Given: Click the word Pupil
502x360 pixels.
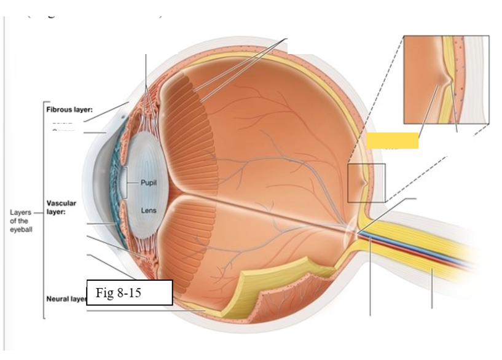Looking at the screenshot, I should pos(149,183).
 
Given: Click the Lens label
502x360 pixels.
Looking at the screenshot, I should pos(149,211).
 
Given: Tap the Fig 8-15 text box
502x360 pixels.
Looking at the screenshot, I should pos(129,293).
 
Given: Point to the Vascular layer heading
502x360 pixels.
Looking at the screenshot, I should pos(61,206).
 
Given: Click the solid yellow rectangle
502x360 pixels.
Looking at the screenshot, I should pos(392,140).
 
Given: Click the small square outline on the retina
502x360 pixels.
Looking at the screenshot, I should pos(366,183).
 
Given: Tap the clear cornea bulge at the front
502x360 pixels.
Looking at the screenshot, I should pos(98,184).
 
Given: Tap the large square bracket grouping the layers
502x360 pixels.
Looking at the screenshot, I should pos(43,209).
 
